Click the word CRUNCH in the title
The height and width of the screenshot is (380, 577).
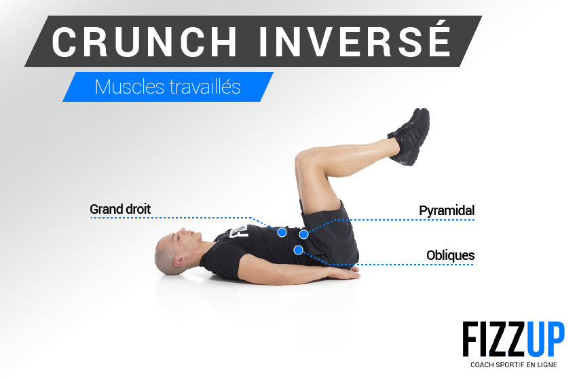tap(145, 41)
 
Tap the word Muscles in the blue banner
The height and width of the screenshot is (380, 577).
tap(130, 87)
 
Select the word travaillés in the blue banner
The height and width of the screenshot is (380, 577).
tap(205, 87)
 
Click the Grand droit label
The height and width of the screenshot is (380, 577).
tap(120, 209)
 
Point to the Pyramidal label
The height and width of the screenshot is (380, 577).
tap(447, 211)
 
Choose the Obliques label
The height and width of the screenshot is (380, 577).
tap(451, 255)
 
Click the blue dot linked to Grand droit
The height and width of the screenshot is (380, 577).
tap(282, 232)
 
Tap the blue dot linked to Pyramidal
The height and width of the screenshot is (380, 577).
tap(303, 234)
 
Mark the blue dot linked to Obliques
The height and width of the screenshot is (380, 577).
tap(299, 250)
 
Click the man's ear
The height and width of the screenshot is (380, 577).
tap(179, 261)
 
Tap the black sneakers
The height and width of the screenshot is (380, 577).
tap(410, 136)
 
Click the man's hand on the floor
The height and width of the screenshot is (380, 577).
tap(344, 273)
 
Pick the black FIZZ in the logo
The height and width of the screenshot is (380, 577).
tap(495, 339)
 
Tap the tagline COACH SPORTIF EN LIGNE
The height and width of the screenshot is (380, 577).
tap(514, 365)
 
